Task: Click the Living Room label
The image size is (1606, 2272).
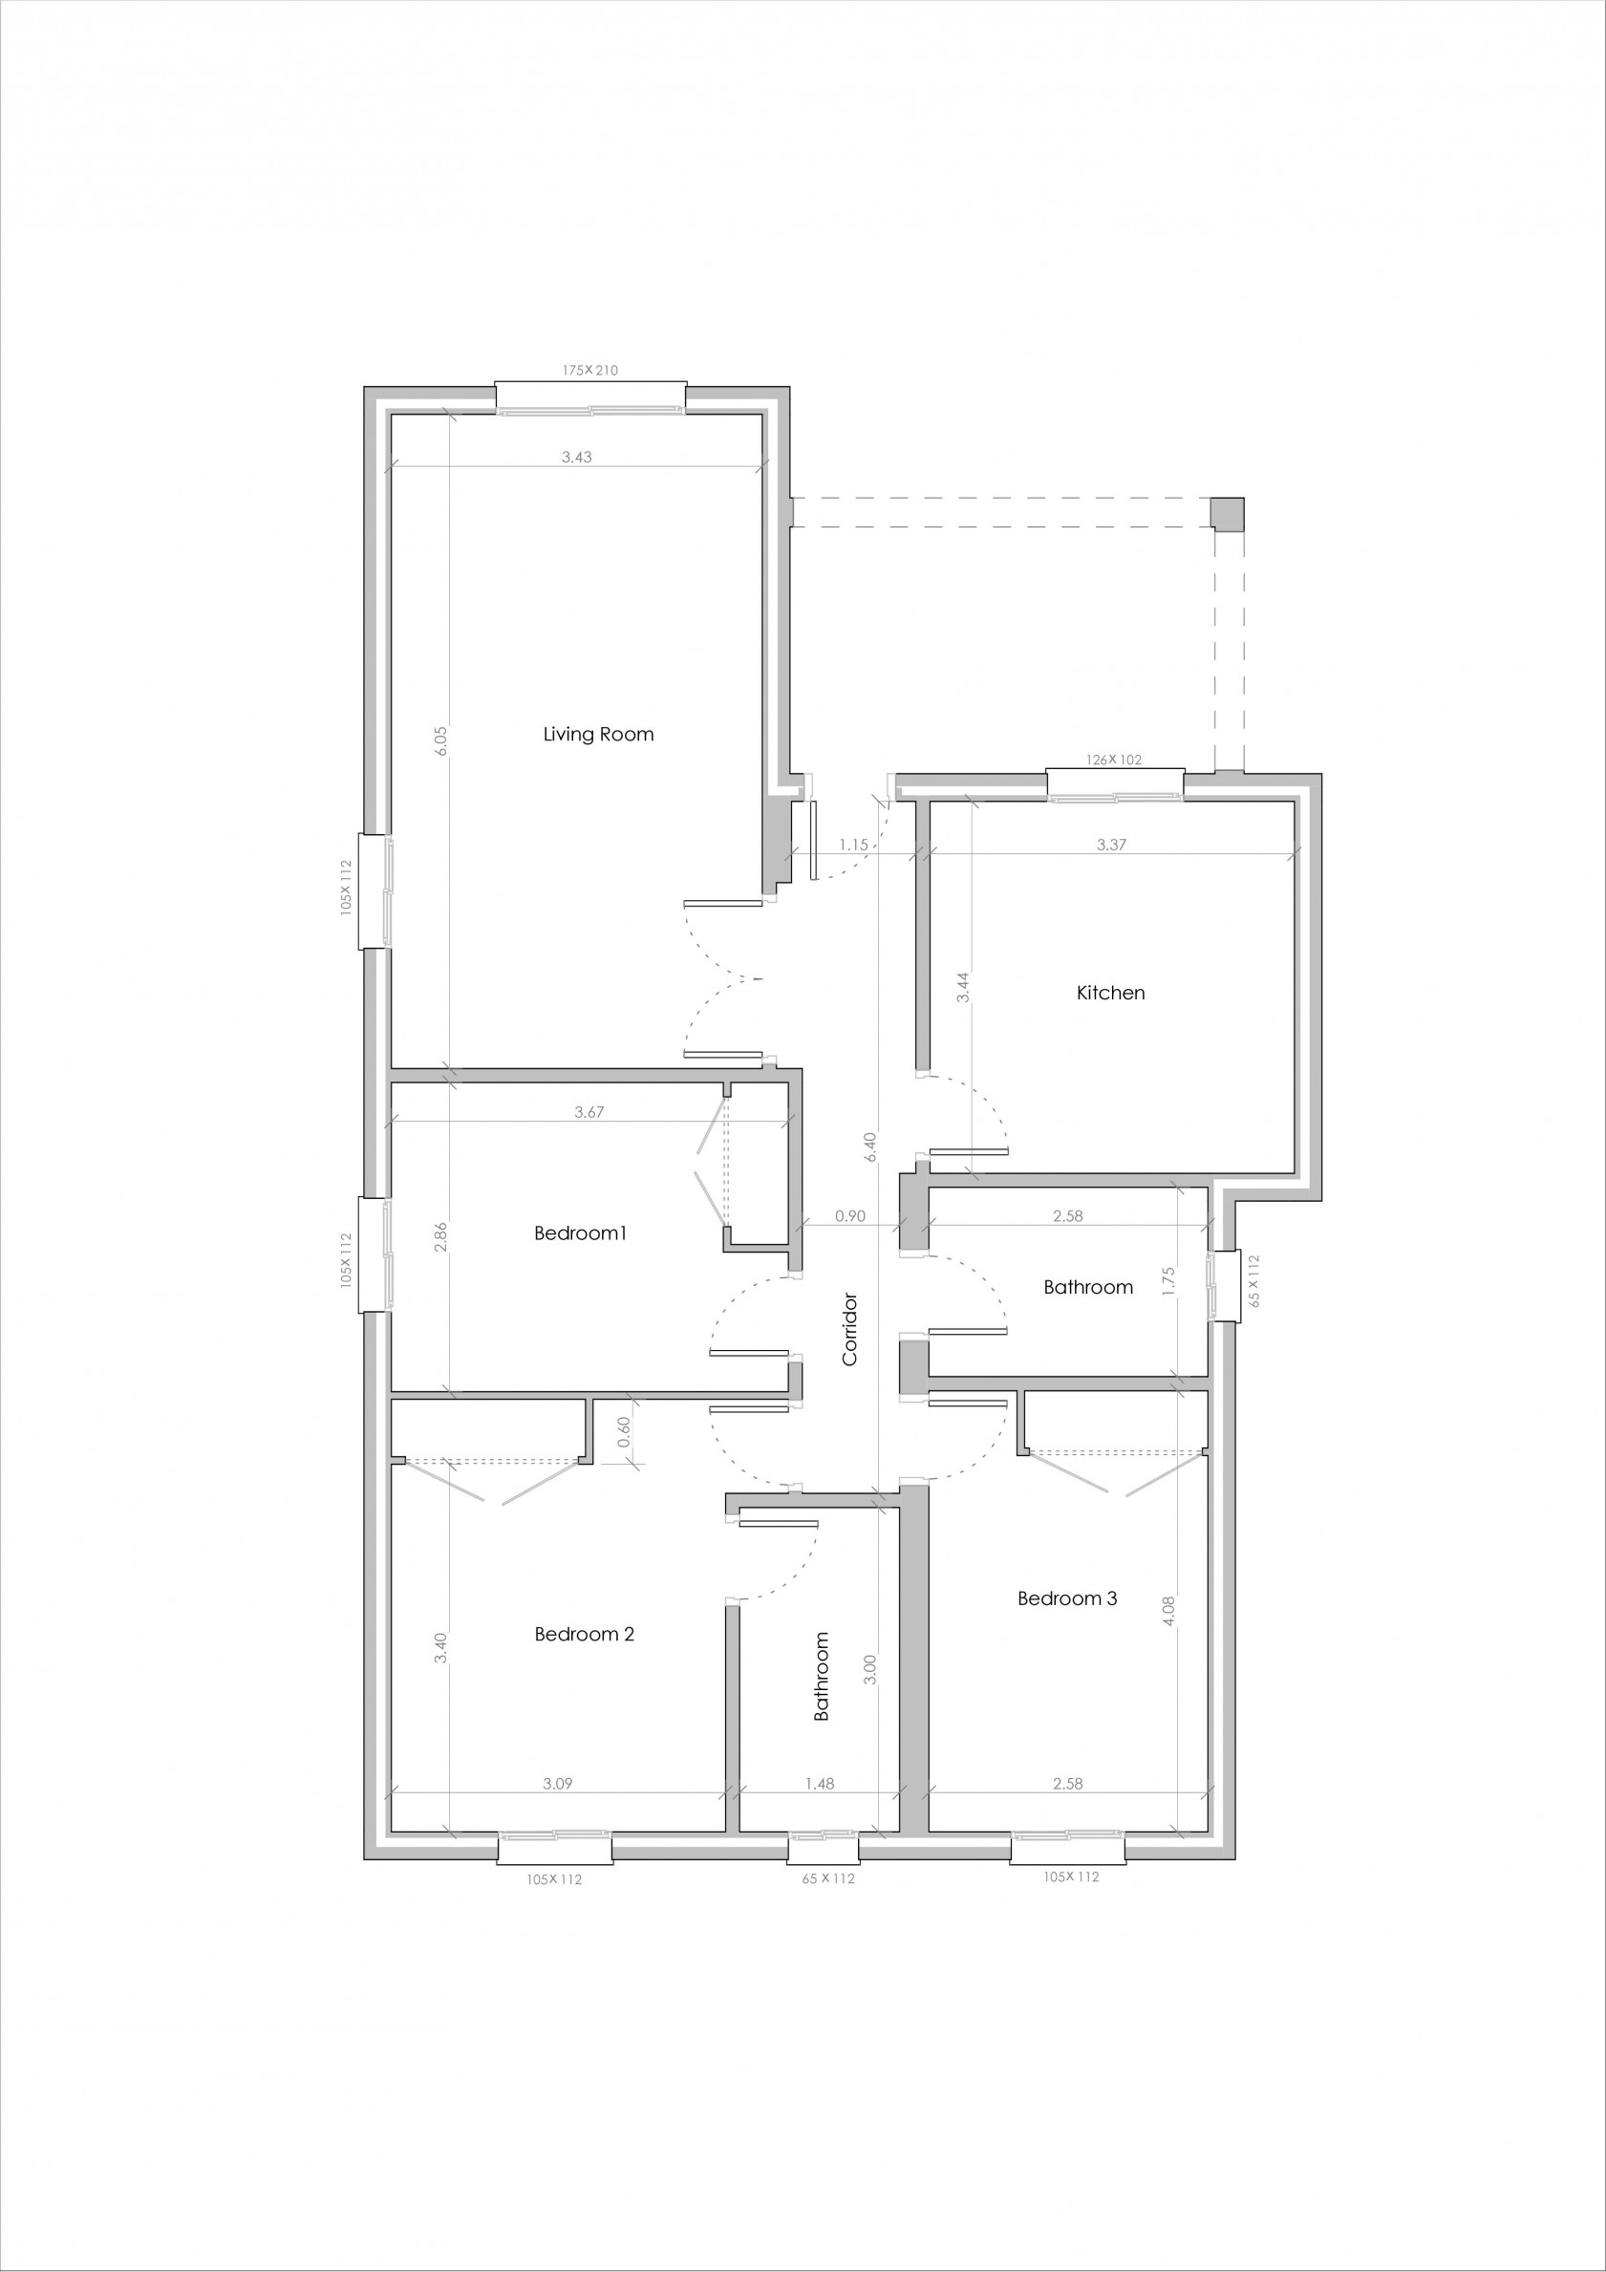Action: (x=598, y=734)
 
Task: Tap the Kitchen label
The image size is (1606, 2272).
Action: (x=1110, y=993)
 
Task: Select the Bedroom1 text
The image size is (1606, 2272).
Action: (x=580, y=1232)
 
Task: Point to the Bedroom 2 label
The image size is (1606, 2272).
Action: (x=584, y=1634)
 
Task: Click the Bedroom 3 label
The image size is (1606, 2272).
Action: (x=1067, y=1598)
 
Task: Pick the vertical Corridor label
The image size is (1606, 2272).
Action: (x=850, y=1329)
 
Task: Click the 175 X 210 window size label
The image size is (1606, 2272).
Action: (x=589, y=370)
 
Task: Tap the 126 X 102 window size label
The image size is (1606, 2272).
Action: (x=1113, y=760)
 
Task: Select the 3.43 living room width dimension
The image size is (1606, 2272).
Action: (x=576, y=457)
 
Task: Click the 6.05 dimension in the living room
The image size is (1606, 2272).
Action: (x=441, y=741)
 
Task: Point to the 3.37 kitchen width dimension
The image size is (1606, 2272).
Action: (x=1111, y=845)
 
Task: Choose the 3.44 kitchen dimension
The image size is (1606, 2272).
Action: (x=964, y=988)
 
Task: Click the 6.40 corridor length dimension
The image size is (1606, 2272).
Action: (x=869, y=1147)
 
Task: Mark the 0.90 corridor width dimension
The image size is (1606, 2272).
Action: (x=850, y=1216)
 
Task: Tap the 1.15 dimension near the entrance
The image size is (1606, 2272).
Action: (x=853, y=845)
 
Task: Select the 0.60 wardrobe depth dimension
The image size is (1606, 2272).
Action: (x=624, y=1432)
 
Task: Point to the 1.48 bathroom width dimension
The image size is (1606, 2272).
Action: (x=820, y=1784)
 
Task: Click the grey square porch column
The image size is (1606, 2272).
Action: (x=1227, y=515)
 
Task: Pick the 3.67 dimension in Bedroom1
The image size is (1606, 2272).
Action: (x=589, y=1112)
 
